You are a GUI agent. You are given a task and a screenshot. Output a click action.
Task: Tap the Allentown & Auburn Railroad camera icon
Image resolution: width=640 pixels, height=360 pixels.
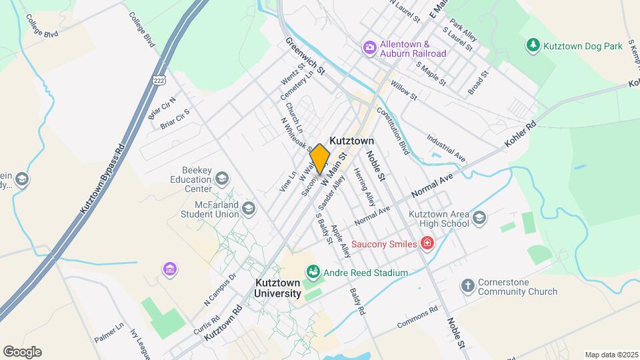point(369,48)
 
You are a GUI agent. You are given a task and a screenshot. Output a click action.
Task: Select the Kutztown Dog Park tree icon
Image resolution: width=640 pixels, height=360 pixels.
point(533,45)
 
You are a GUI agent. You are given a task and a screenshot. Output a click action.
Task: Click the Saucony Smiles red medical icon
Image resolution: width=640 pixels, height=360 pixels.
point(427,244)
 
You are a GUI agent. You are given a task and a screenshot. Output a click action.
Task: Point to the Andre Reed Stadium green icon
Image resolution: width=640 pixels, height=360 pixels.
point(312,272)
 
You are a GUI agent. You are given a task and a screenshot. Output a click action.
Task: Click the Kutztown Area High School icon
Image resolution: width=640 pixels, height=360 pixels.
point(479,219)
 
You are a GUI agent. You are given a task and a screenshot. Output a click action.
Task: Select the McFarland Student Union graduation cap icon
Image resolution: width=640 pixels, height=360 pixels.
point(249,209)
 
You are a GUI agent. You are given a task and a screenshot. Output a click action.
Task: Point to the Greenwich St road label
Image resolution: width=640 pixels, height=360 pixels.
point(305,55)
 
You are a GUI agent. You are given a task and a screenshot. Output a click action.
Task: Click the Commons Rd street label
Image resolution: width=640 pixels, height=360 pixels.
point(417,316)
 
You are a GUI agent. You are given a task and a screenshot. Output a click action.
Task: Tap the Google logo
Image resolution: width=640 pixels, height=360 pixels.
point(22,351)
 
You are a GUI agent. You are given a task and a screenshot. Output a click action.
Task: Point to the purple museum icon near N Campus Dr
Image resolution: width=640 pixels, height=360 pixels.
point(171,269)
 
